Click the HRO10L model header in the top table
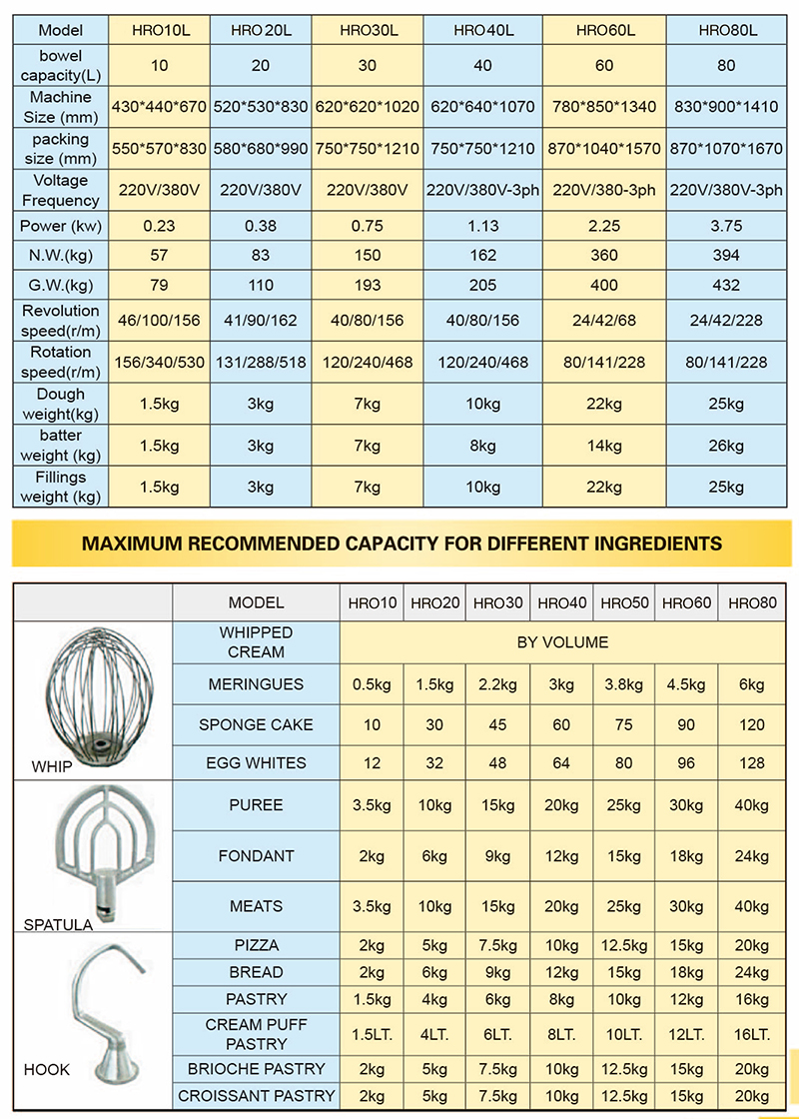[x=161, y=30]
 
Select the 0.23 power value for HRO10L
[x=161, y=226]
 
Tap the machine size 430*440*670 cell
[x=161, y=106]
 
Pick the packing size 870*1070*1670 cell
[x=726, y=148]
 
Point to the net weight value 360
[x=604, y=256]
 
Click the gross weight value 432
[x=726, y=285]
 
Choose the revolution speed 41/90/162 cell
[x=261, y=321]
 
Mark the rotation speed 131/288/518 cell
[x=261, y=362]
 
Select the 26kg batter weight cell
[x=726, y=446]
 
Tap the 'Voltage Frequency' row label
[x=60, y=190]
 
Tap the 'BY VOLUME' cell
[x=562, y=642]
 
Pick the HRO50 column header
[x=624, y=602]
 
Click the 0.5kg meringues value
[x=372, y=684]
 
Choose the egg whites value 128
[x=752, y=762]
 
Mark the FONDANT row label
[x=256, y=855]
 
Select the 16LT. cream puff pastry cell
[x=752, y=1034]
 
